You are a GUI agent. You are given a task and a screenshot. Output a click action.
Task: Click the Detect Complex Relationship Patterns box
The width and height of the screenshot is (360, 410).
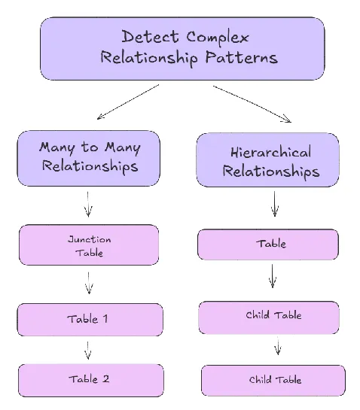182,48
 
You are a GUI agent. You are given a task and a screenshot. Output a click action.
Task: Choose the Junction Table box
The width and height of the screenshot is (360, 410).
89,245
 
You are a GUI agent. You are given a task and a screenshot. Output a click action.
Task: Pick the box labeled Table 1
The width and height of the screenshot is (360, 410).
89,319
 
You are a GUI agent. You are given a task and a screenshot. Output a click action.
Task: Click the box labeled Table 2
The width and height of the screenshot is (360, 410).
89,379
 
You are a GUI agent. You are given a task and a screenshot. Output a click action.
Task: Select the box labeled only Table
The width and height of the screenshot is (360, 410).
267,244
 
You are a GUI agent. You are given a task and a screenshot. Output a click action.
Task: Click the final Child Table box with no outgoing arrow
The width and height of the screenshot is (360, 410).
273,380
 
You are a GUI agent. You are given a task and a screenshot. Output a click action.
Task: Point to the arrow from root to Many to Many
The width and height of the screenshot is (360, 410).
128,102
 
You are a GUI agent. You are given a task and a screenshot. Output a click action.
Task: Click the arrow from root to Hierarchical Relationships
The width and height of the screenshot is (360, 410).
252,102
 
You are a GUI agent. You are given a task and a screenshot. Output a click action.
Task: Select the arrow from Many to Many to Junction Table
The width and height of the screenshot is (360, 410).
88,204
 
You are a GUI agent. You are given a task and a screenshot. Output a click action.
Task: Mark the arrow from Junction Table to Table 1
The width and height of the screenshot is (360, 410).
89,283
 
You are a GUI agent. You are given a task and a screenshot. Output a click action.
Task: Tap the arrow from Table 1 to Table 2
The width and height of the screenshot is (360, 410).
88,350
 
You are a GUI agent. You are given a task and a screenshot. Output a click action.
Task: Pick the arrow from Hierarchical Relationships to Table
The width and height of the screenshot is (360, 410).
273,203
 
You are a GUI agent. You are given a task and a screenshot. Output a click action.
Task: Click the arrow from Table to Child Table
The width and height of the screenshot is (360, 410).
273,275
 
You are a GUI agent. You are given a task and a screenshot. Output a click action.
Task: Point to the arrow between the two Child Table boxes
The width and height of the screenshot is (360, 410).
277,347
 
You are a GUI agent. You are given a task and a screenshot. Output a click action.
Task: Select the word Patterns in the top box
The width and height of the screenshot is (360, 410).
243,58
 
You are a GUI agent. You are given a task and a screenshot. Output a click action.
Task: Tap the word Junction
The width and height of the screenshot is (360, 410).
89,239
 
